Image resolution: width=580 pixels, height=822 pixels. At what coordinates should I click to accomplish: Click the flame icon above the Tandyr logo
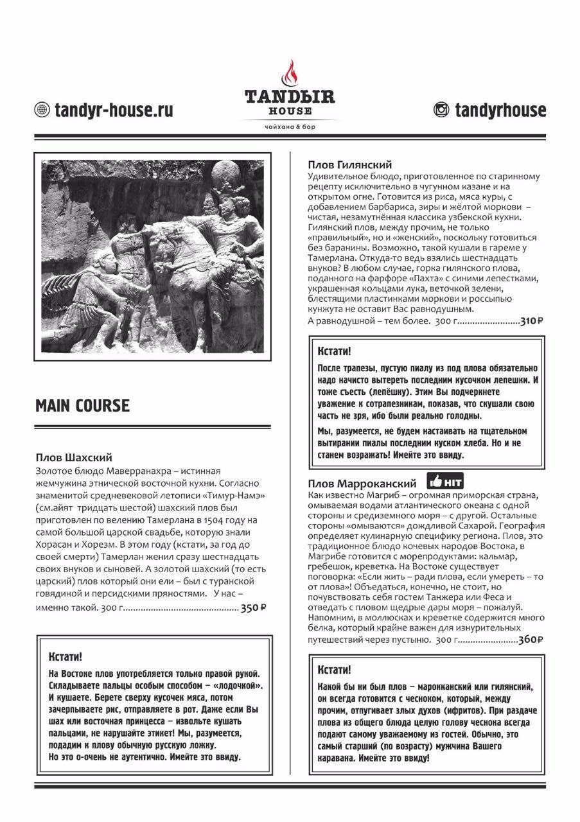[x=290, y=74]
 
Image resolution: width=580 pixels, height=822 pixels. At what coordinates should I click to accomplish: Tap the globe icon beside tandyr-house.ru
[x=42, y=110]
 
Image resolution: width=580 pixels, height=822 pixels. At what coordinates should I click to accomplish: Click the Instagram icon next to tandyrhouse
[x=441, y=110]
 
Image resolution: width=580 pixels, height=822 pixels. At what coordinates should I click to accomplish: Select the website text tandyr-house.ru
[x=114, y=110]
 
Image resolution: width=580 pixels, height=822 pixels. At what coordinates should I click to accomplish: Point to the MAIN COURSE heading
[x=82, y=406]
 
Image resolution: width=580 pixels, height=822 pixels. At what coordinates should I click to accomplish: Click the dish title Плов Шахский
[x=74, y=458]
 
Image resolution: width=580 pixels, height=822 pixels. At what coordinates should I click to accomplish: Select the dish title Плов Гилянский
[x=349, y=165]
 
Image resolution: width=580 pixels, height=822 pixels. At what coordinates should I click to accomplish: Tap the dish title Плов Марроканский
[x=362, y=483]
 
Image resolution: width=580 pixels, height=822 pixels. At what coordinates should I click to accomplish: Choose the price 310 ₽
[x=531, y=321]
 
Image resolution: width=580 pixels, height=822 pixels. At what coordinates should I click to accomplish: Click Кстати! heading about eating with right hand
[x=66, y=656]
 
